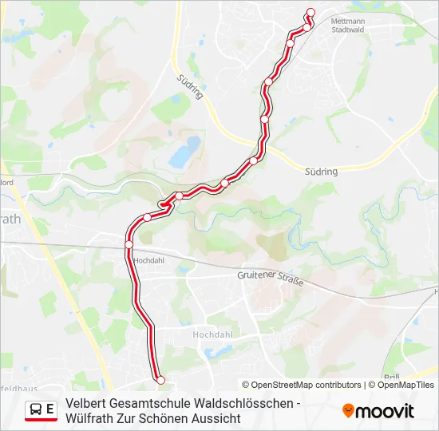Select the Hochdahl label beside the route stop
149,260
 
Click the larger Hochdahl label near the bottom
212,334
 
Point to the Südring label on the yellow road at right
322,171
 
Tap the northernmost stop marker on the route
310,12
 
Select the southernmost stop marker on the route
160,380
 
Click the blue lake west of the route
184,150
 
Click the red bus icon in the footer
35,410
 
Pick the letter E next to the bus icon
50,409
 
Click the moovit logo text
385,411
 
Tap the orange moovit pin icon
348,410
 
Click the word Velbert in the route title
85,403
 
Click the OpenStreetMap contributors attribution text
302,385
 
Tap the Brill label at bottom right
391,377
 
